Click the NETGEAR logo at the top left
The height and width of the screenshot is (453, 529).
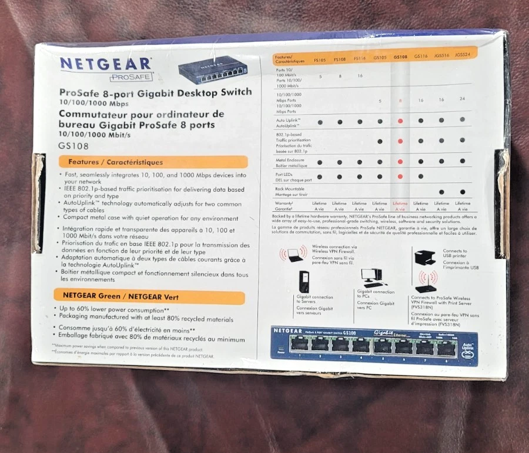105,63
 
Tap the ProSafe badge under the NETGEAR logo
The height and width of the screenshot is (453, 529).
131,76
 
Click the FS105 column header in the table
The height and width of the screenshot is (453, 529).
320,59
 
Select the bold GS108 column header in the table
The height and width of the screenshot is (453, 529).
400,57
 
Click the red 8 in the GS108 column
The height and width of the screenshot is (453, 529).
400,101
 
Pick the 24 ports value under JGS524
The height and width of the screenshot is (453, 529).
463,99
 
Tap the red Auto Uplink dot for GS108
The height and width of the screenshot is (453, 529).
400,121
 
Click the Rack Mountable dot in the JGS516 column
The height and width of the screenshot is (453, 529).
441,192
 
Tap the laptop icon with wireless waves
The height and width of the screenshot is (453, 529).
293,254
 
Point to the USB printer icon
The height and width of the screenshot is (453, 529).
425,258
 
